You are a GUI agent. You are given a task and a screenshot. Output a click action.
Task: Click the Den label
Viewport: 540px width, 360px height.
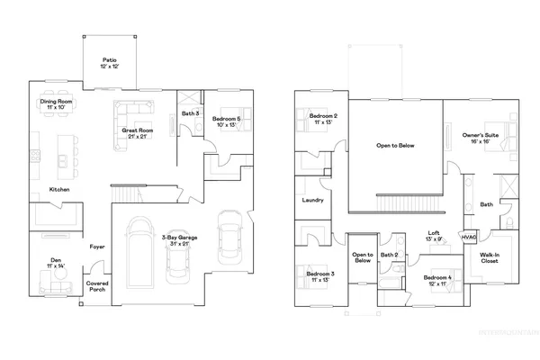point(56,263)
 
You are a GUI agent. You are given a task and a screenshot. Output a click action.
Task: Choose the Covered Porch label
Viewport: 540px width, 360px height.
point(97,286)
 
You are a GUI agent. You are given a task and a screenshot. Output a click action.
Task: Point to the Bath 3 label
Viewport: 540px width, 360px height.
point(189,114)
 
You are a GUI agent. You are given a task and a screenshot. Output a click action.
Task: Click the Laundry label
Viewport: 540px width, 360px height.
point(314,200)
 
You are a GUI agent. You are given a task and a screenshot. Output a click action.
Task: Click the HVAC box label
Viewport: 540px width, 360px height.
point(468,237)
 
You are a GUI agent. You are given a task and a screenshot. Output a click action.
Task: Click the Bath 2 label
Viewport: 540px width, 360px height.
point(389,256)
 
